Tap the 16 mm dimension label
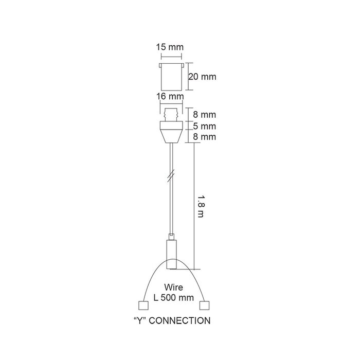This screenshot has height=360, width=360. click(172, 96)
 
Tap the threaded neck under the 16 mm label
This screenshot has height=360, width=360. click(172, 114)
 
